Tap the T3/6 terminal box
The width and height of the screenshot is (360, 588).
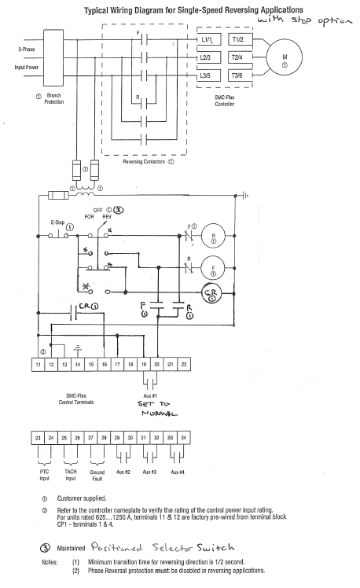click(x=240, y=75)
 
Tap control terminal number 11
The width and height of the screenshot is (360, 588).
click(x=38, y=366)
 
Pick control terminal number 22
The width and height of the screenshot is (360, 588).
click(x=184, y=366)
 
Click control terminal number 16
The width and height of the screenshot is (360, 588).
click(x=105, y=366)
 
